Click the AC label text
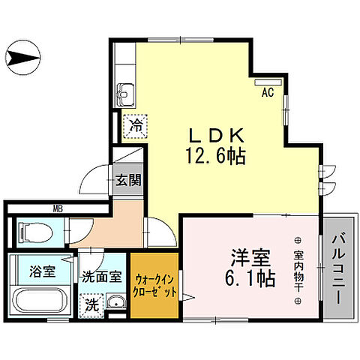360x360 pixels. click(266, 94)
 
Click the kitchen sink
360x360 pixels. click(124, 96)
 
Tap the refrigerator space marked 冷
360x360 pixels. click(136, 124)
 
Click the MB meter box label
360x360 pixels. click(57, 208)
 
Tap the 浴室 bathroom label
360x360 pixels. click(42, 271)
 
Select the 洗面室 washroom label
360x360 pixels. click(102, 275)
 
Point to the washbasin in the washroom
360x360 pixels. click(115, 303)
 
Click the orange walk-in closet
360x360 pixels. click(155, 285)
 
